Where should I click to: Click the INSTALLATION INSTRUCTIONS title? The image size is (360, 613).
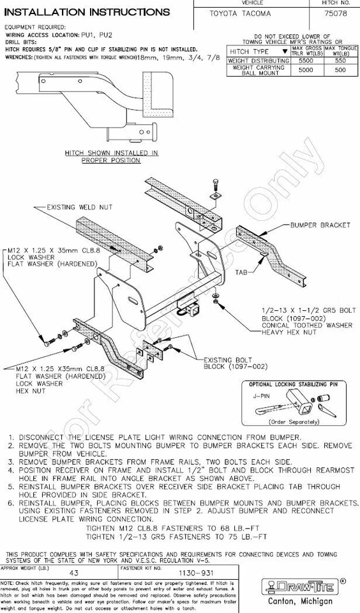[x=87, y=12]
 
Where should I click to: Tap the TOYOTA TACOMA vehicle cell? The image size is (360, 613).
[x=240, y=13]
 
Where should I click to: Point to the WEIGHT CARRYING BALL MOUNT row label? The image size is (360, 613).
[x=259, y=70]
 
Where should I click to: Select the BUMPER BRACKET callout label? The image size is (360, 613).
[x=320, y=225]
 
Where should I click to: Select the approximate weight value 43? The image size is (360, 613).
[x=74, y=573]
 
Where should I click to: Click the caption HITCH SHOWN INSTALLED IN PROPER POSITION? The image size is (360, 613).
[x=111, y=157]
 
